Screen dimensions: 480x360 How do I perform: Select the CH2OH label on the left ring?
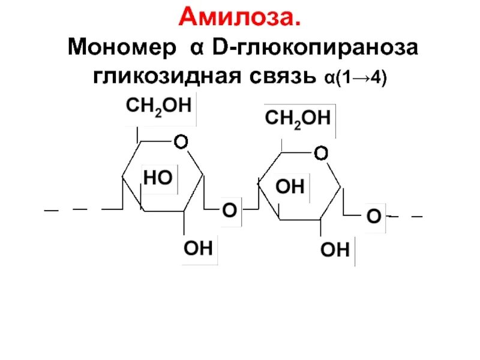point(158,106)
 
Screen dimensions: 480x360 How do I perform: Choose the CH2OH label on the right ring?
point(298,118)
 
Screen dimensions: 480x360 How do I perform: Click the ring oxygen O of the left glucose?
point(180,142)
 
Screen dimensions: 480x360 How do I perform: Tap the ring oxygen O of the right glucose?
point(321,154)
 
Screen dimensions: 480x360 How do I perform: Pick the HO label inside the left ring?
point(158,177)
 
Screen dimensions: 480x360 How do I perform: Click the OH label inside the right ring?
point(290,187)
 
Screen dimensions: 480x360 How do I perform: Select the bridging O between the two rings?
point(229,210)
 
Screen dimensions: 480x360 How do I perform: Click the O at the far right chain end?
point(373,216)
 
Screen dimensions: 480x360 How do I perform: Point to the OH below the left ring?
point(198,248)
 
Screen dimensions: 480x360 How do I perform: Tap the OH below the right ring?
point(335,250)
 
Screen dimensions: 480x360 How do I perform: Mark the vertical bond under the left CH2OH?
point(139,134)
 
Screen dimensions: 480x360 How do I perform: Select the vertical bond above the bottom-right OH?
point(320,229)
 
